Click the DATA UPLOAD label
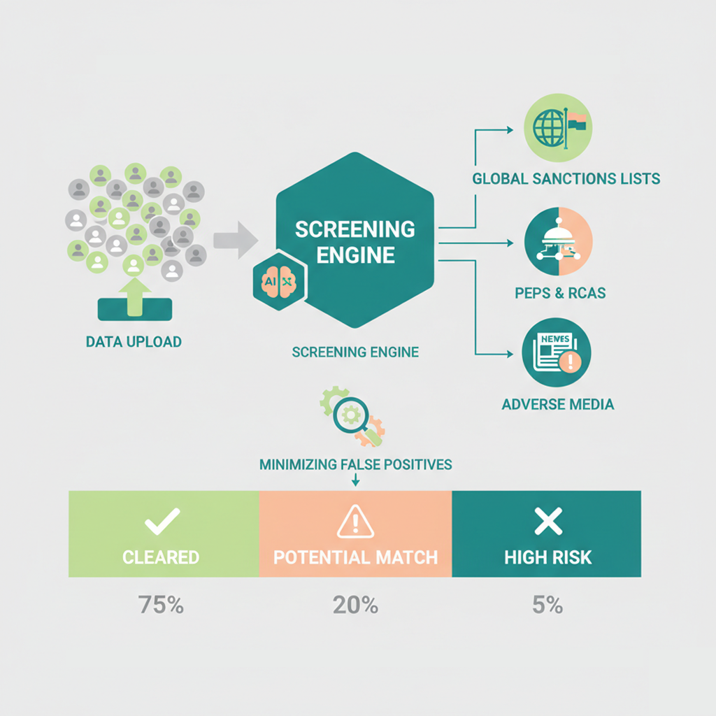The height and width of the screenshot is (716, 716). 134,342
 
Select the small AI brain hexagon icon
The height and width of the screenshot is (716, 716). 278,280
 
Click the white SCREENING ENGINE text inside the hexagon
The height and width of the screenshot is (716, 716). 355,241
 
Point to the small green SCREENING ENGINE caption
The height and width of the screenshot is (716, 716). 355,352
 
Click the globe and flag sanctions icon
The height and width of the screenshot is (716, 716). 557,130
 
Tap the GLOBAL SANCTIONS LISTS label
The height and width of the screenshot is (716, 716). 566,178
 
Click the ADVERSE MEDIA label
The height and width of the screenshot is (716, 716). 557,404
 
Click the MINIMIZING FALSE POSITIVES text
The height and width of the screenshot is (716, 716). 355,464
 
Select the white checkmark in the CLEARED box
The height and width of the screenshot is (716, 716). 161,521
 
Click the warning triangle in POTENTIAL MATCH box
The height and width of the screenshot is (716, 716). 355,521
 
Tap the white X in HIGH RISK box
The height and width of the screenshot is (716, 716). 547,521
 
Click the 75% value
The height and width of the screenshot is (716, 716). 161,605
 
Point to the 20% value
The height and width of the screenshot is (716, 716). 355,605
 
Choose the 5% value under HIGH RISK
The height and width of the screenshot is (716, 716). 547,605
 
